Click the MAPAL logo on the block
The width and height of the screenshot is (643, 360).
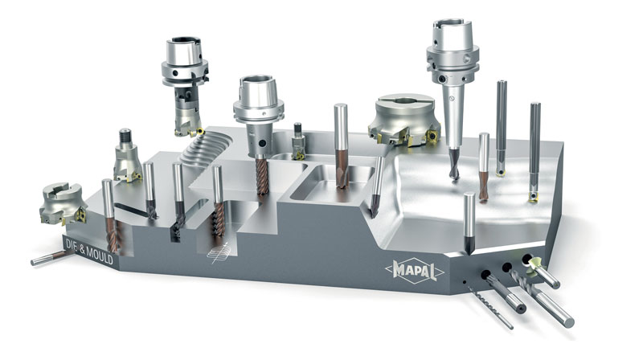[415, 271]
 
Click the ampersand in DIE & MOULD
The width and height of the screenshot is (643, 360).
[82, 247]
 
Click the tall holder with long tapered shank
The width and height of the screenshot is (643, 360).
[453, 90]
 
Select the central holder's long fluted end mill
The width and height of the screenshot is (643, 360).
[262, 176]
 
